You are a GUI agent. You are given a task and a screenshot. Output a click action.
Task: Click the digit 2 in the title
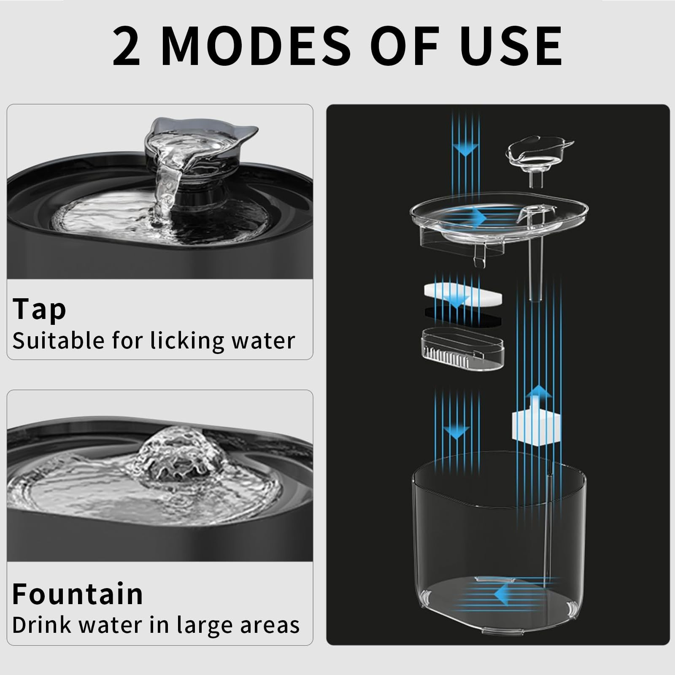coord(126,46)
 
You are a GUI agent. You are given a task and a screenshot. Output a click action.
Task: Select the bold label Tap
coord(39,310)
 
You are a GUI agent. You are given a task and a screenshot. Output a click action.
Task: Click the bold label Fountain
coord(78,594)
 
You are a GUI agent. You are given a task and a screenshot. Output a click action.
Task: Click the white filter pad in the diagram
coord(463,295)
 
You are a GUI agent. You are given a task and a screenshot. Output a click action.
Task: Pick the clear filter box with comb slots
coord(463,348)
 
